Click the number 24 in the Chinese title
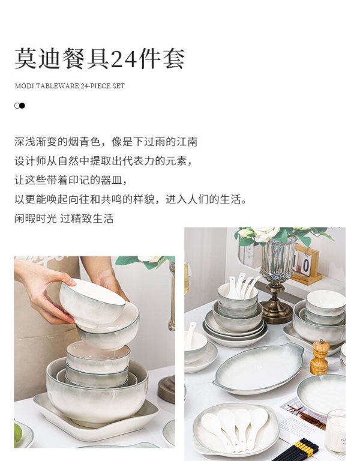point(124,59)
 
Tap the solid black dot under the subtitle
point(22,106)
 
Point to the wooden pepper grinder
point(319,357)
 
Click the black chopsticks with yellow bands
point(297,450)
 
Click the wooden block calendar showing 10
point(305,265)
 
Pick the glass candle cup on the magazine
point(335,432)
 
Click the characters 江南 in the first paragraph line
point(187,142)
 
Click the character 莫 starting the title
point(26,59)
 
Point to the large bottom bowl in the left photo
point(97,391)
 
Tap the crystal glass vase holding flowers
point(278,259)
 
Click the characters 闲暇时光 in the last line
point(35,218)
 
